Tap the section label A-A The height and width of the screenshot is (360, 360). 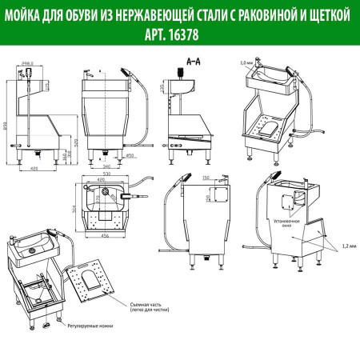192,59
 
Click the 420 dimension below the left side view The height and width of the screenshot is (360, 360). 34,169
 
